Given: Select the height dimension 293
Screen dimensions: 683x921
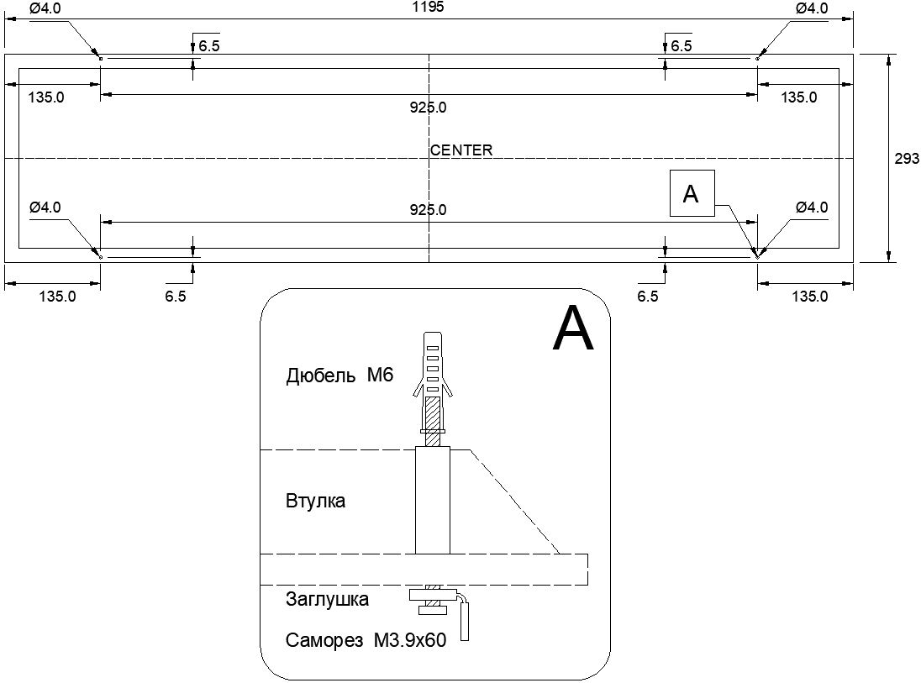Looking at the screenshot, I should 907,158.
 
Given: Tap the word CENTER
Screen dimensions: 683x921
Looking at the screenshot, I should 461,150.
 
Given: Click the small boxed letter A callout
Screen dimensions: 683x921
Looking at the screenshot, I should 692,194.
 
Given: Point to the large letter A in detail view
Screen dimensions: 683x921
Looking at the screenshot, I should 573,329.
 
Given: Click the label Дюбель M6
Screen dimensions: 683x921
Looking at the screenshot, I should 339,376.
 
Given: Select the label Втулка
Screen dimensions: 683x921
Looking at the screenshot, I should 315,502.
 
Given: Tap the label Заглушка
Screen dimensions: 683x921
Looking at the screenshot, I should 327,600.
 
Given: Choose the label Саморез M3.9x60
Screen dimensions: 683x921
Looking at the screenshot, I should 366,641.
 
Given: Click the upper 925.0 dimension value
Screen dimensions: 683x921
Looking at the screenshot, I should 429,108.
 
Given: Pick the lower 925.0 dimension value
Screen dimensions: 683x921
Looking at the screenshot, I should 429,209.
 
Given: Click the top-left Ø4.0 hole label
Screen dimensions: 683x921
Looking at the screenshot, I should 45,8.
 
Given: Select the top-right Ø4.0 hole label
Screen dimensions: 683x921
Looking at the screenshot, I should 812,8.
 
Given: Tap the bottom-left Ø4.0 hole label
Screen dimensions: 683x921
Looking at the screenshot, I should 45,207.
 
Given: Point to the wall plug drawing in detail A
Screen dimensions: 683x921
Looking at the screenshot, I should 433,378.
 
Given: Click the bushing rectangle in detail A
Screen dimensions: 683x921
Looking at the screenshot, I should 433,501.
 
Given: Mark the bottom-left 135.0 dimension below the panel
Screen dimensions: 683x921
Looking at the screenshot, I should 57,296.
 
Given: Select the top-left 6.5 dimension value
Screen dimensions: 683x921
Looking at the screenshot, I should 209,46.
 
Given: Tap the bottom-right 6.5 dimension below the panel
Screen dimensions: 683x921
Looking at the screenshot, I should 648,296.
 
